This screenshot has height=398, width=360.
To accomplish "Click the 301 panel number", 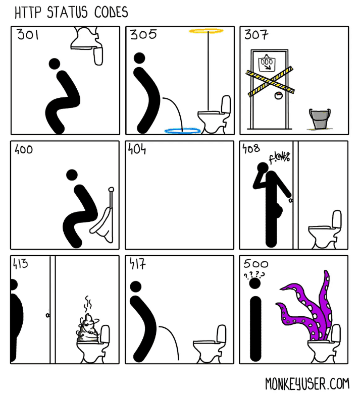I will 28,35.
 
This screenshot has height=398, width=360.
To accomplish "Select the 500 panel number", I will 256,264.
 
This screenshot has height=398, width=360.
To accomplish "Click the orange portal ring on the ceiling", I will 206,31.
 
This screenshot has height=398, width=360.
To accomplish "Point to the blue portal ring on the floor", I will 182,131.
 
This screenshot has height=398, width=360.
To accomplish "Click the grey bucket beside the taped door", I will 319,119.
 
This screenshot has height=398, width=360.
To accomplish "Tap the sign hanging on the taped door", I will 266,63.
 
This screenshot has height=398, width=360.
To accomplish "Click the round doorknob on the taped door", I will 277,96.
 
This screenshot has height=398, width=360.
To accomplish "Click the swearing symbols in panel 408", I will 279,158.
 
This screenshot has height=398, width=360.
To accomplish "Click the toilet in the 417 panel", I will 210,348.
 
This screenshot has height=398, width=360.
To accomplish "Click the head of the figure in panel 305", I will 140,58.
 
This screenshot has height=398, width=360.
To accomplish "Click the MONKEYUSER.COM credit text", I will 307,384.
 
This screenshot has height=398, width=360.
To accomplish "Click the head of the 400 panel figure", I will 72,175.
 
